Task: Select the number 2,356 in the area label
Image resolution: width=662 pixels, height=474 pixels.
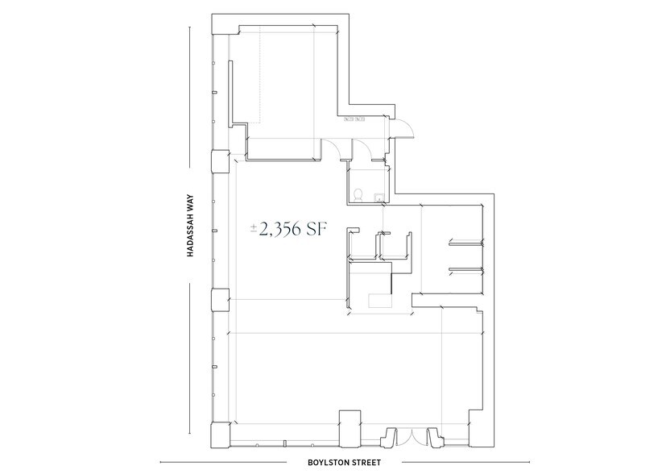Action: pyautogui.click(x=280, y=230)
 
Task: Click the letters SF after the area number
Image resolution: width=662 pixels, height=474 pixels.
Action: pyautogui.click(x=315, y=230)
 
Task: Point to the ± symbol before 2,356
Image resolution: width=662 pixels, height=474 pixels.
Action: pyautogui.click(x=254, y=230)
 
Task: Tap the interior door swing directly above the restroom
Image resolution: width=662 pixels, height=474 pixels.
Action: pyautogui.click(x=362, y=148)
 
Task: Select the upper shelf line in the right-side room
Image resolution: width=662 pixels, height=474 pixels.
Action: pyautogui.click(x=464, y=240)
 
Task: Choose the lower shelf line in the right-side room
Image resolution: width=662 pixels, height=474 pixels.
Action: pyautogui.click(x=464, y=268)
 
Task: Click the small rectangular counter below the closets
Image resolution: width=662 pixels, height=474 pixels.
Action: pyautogui.click(x=379, y=300)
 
